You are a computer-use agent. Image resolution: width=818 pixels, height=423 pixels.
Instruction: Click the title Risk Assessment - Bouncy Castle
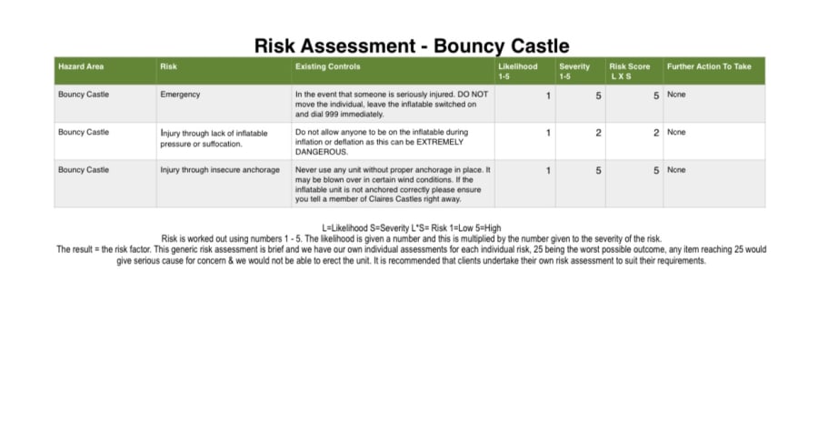point(412,45)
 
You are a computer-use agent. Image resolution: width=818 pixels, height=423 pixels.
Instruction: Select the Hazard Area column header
point(81,66)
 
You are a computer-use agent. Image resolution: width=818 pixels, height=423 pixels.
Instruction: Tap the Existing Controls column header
point(327,66)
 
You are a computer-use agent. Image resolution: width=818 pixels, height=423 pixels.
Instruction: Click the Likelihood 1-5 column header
point(517,71)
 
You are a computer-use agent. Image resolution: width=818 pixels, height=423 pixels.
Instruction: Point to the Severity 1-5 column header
point(574,71)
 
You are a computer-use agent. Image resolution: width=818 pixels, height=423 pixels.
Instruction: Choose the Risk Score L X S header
point(629,71)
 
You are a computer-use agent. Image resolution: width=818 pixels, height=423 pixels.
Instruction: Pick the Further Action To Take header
point(709,66)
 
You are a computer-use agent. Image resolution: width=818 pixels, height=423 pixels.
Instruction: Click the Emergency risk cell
point(180,95)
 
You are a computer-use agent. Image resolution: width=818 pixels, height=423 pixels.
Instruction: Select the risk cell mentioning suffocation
point(214,138)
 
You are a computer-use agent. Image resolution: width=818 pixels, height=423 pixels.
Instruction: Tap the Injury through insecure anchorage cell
point(220,170)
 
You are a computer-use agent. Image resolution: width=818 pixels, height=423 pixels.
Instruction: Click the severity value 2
point(598,133)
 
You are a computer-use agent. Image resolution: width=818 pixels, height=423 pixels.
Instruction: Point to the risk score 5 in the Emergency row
point(655,96)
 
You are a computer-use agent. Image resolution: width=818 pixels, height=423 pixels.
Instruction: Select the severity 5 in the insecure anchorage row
point(598,171)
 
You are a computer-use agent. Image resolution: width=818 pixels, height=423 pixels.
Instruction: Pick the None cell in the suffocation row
point(676,133)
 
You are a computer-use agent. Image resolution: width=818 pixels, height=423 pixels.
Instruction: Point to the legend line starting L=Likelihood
point(411,227)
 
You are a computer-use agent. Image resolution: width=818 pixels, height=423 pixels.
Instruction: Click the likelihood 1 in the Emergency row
point(548,96)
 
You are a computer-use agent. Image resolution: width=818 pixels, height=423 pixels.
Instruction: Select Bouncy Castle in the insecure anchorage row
point(84,170)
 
